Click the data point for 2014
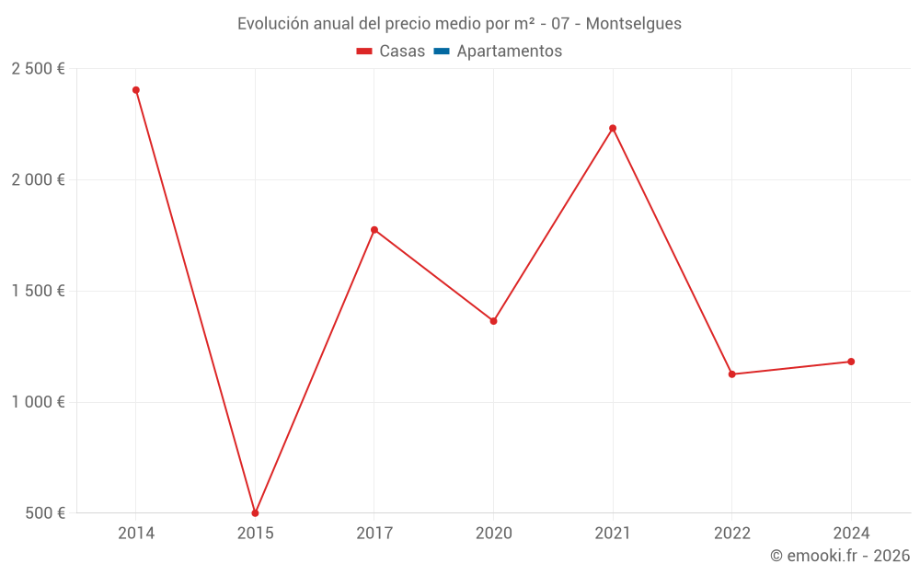(x=136, y=90)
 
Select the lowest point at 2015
(x=255, y=513)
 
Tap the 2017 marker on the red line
(x=374, y=230)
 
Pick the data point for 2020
(x=493, y=321)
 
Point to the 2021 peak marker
(x=613, y=128)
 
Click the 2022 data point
(x=732, y=374)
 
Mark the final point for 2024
(x=851, y=362)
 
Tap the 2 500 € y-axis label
(x=38, y=69)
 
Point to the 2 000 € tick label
(x=38, y=180)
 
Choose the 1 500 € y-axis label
(x=38, y=292)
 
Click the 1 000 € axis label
(x=38, y=402)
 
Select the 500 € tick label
(x=44, y=513)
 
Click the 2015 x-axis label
(x=255, y=534)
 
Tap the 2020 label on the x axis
(x=493, y=534)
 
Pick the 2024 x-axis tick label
(x=851, y=534)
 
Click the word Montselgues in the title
(x=634, y=24)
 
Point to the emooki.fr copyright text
(x=840, y=556)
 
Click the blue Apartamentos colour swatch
(x=442, y=52)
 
